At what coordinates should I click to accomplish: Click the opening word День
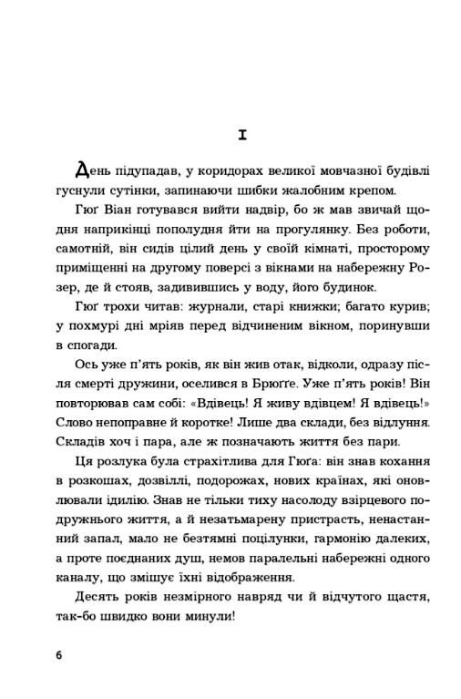92,170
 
